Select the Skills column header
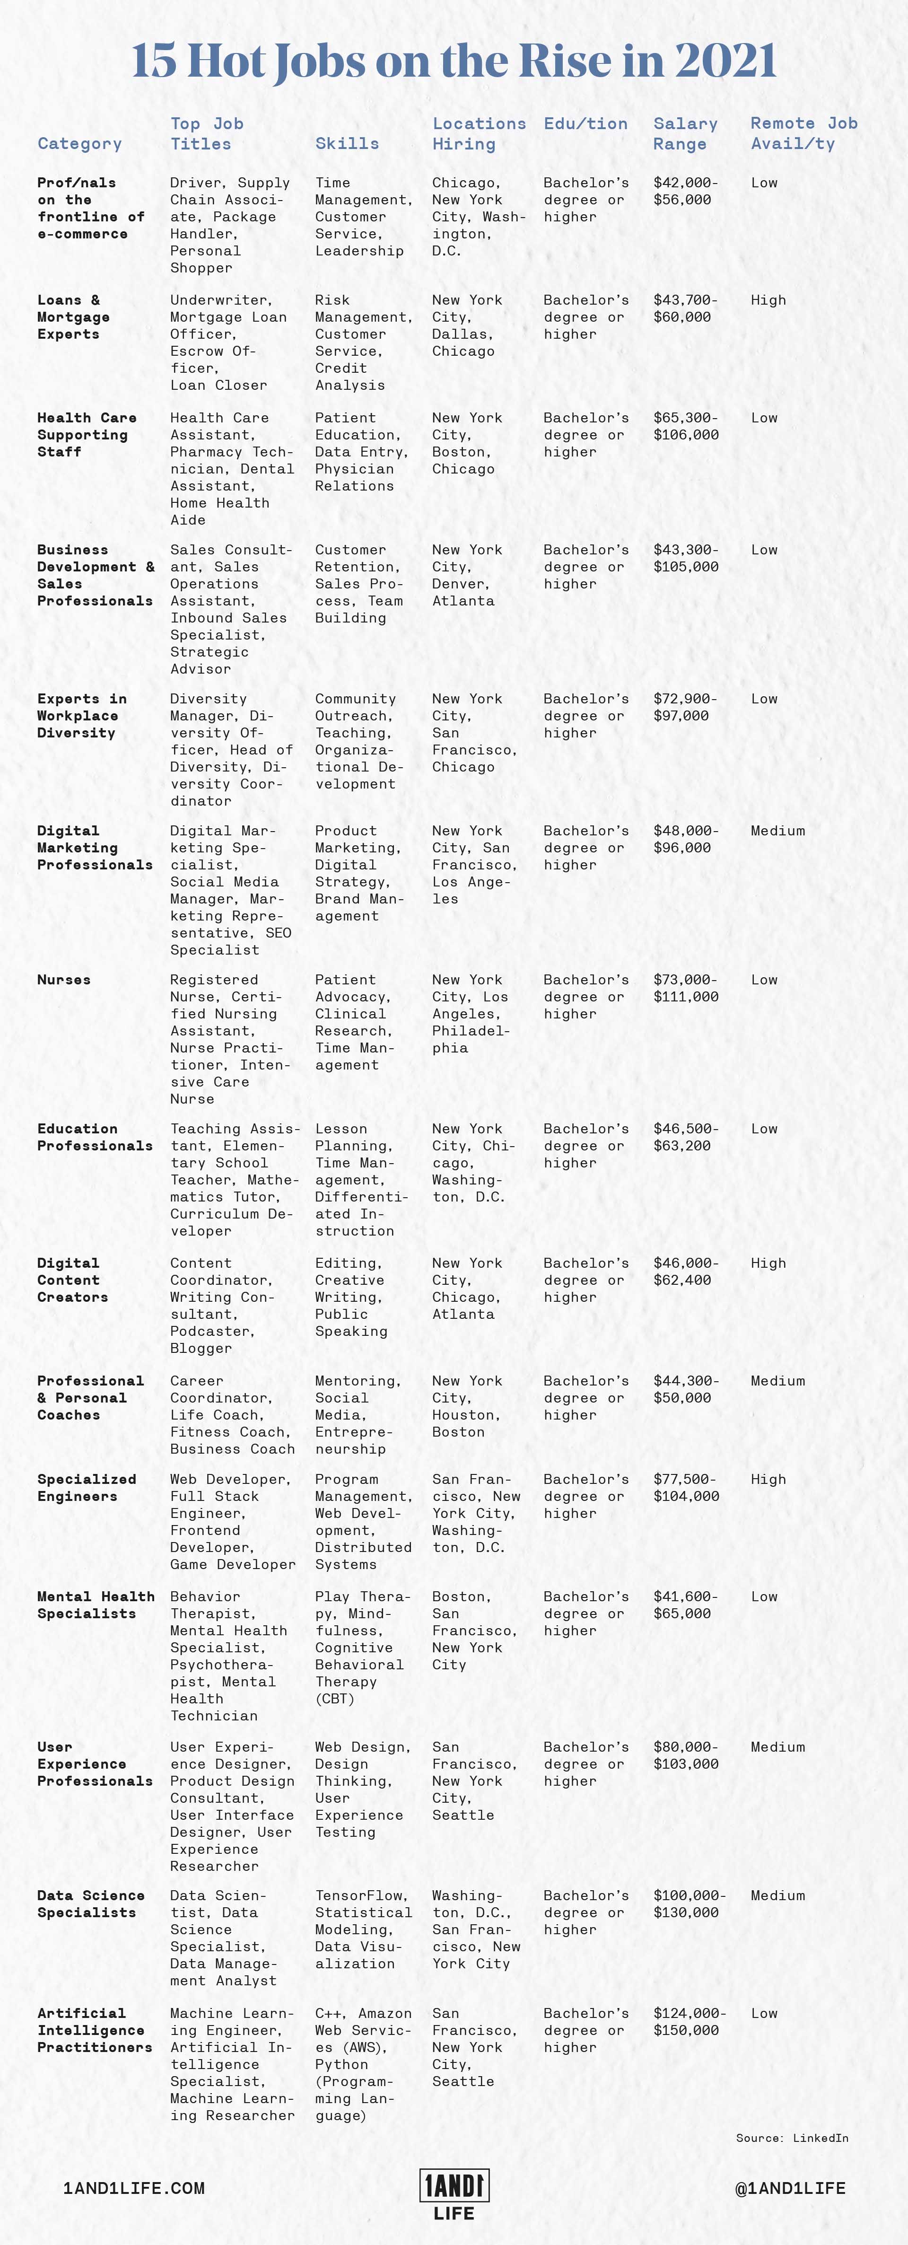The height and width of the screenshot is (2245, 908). click(x=347, y=144)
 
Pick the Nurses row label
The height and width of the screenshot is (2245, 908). click(x=64, y=980)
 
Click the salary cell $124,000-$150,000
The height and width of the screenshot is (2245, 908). click(x=689, y=2022)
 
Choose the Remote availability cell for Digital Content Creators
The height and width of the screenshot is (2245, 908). click(x=768, y=1263)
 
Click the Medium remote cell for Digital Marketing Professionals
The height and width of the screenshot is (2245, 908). click(x=777, y=831)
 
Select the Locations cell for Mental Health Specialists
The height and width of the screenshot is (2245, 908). click(x=473, y=1631)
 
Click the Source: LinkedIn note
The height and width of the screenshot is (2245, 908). click(x=791, y=2138)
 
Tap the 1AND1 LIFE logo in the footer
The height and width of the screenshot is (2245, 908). click(x=454, y=2193)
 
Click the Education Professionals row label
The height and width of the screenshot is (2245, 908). click(x=94, y=1137)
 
